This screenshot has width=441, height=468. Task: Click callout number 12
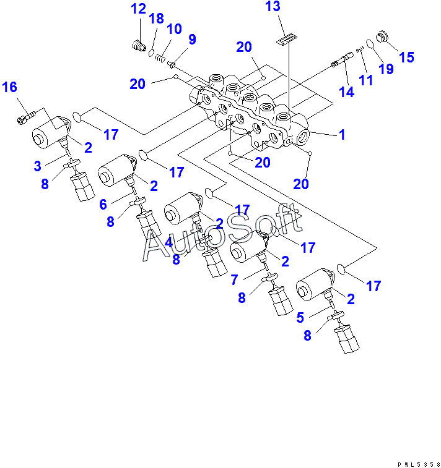click(x=138, y=9)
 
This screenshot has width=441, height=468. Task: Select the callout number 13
click(x=273, y=7)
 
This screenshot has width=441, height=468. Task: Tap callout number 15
click(x=406, y=57)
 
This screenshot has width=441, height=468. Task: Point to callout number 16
click(x=9, y=87)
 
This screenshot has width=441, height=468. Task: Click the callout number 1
click(x=341, y=135)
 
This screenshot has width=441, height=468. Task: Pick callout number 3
click(x=37, y=166)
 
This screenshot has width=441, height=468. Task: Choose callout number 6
click(x=103, y=205)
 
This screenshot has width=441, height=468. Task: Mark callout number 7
click(x=234, y=280)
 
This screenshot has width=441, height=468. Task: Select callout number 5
click(x=300, y=318)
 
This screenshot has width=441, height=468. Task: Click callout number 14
click(x=346, y=92)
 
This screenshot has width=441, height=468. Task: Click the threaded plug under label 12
click(x=138, y=45)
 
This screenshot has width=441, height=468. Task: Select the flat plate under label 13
click(x=284, y=41)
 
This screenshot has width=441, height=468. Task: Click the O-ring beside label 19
click(x=369, y=45)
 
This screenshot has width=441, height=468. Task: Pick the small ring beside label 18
click(x=151, y=53)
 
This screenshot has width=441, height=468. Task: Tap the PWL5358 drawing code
click(x=419, y=463)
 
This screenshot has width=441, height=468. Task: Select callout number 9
click(x=192, y=40)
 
